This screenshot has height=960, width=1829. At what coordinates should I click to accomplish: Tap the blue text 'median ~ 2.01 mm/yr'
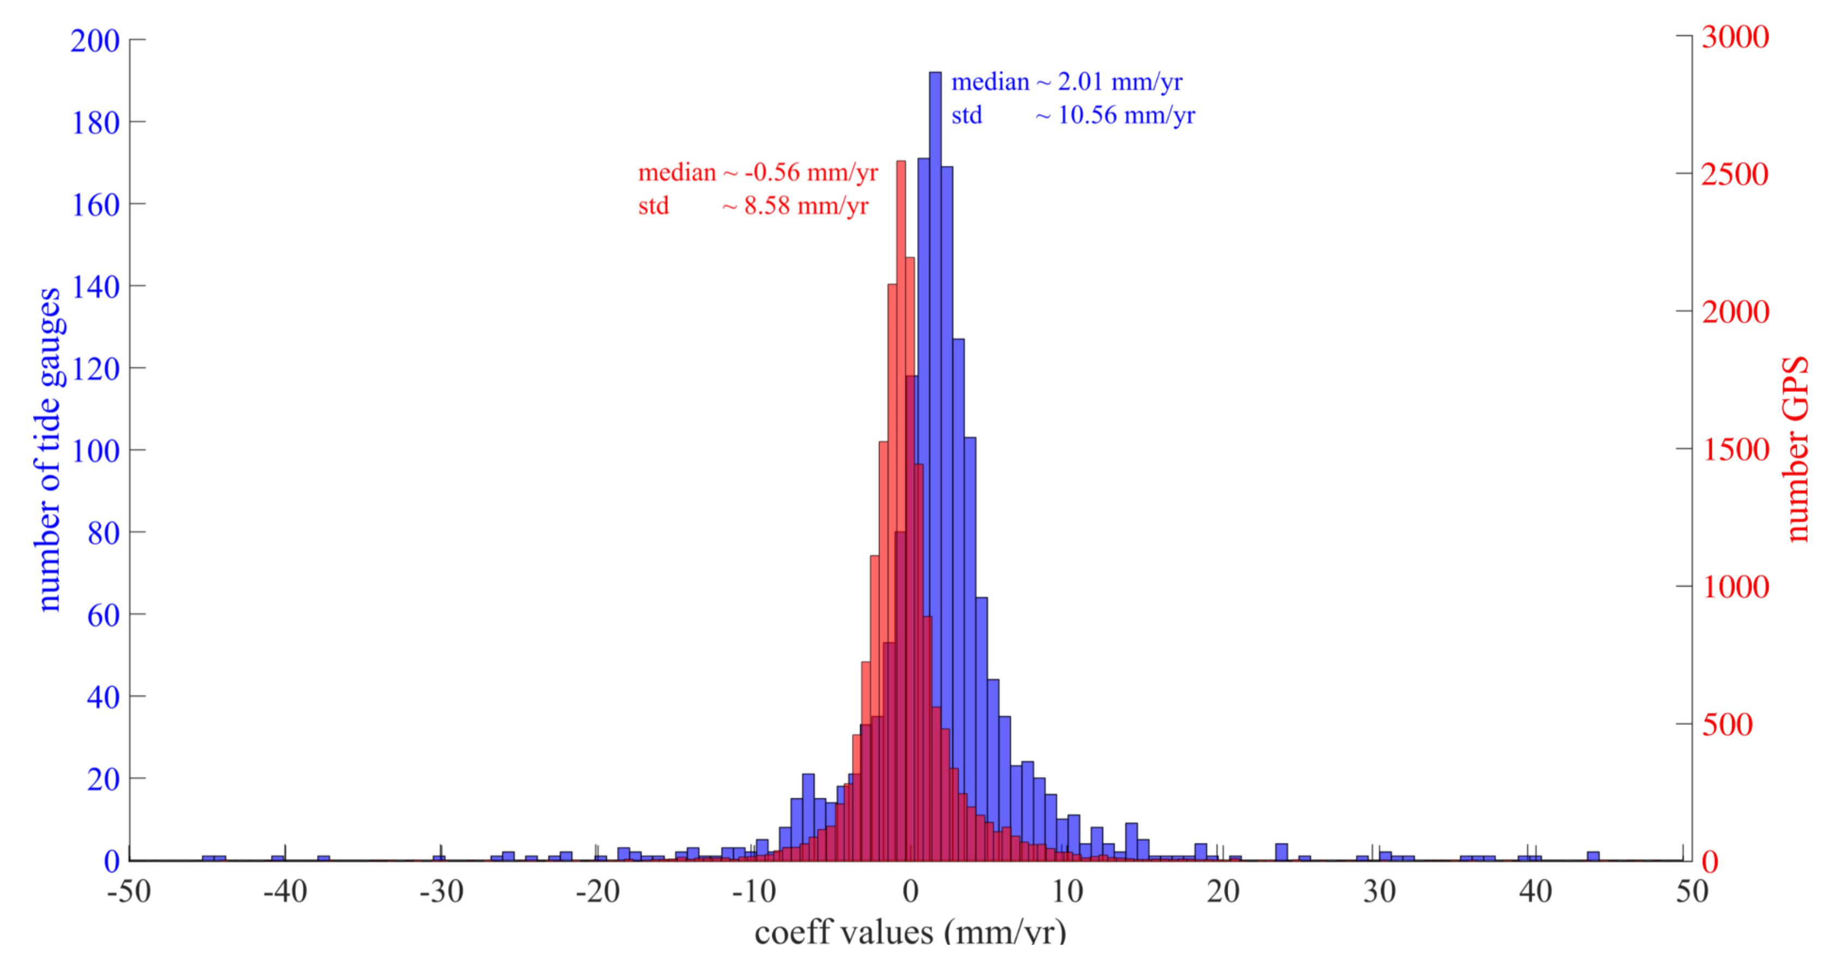pos(1066,82)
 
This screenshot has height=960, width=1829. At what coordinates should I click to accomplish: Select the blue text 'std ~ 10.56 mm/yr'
pos(1072,115)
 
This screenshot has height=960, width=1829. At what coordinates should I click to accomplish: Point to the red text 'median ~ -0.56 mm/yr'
pos(758,173)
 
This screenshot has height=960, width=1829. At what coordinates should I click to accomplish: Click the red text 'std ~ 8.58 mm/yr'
pos(753,206)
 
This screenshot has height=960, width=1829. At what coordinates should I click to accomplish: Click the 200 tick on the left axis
pos(94,41)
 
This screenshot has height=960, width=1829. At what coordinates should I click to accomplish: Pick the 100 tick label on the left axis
pos(94,451)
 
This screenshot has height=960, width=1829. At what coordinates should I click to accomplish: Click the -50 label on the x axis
pos(129,891)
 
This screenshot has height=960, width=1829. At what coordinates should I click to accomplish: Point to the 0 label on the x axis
pos(910,891)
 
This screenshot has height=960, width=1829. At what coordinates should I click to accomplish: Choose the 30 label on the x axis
pos(1379,891)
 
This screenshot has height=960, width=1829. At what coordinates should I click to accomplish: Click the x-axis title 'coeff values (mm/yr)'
pos(910,932)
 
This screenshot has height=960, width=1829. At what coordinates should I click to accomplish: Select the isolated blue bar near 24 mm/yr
pos(1281,852)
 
